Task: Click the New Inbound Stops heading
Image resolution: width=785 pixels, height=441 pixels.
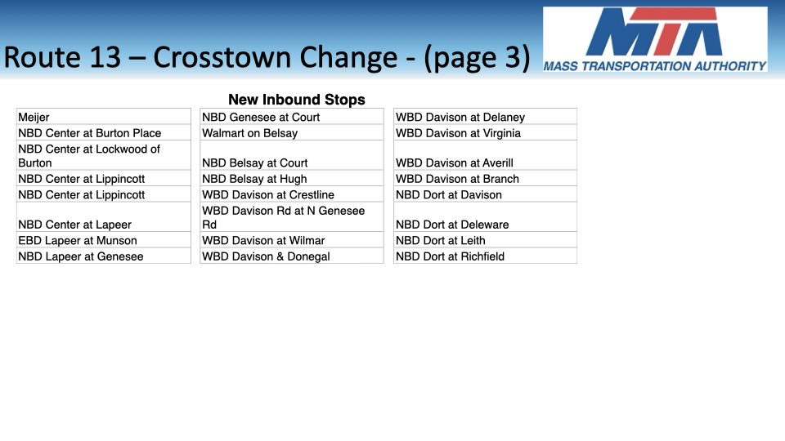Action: (x=297, y=100)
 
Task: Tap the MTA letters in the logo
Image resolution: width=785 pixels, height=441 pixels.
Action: (x=655, y=32)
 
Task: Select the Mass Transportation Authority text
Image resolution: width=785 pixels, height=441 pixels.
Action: (x=655, y=66)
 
